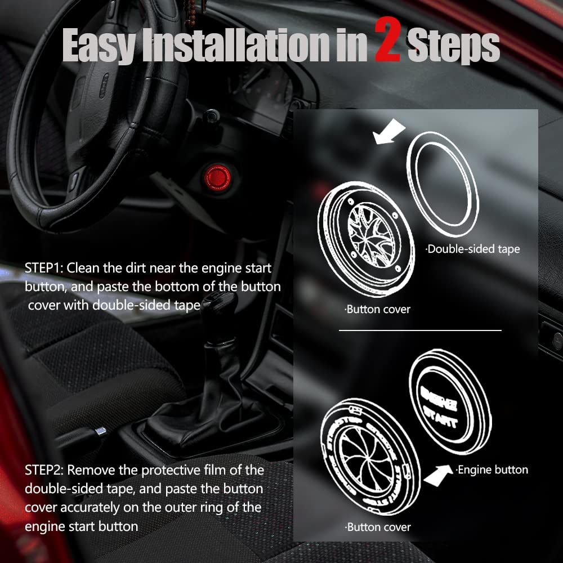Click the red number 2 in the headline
point(387,43)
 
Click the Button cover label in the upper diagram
point(377,309)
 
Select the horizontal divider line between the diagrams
point(419,330)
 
